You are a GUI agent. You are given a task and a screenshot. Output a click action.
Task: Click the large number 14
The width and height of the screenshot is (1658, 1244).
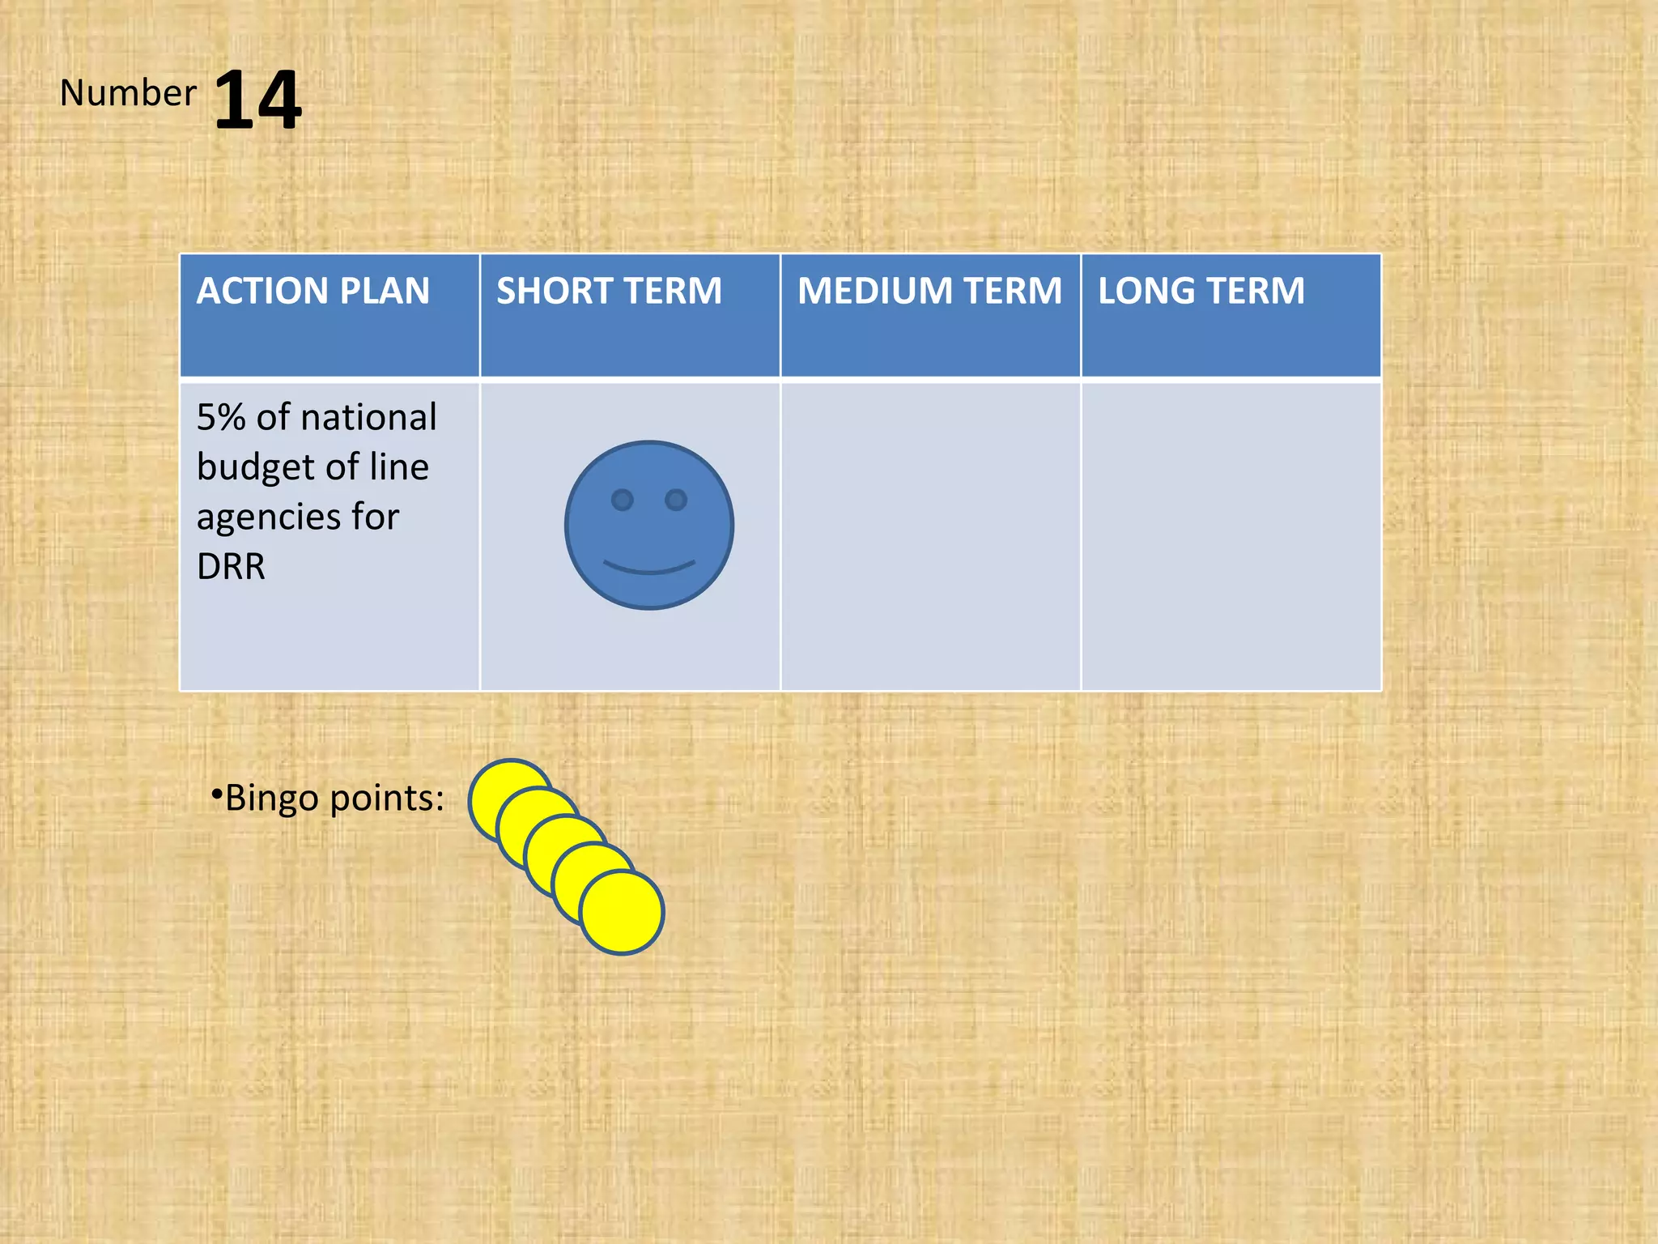[257, 100]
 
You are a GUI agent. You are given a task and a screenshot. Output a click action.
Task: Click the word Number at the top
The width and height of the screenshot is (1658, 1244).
[128, 93]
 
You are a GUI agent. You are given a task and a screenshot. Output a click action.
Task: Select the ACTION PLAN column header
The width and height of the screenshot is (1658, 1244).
[312, 291]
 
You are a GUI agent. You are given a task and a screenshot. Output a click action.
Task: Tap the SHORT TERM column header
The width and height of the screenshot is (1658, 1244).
[609, 291]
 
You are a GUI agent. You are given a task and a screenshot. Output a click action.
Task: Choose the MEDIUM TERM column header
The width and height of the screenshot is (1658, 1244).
[929, 291]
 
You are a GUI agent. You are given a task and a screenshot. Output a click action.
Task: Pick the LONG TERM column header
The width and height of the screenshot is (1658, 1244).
[1201, 291]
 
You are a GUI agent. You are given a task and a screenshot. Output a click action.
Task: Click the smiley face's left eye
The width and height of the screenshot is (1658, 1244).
[622, 500]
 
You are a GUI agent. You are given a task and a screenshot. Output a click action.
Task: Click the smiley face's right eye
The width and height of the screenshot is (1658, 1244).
[676, 500]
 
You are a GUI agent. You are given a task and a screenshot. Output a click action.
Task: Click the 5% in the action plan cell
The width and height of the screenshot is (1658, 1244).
[220, 417]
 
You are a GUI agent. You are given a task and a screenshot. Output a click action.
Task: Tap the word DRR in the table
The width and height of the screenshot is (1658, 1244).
[231, 566]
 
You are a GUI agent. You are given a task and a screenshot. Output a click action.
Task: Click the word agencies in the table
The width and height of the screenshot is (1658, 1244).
[268, 518]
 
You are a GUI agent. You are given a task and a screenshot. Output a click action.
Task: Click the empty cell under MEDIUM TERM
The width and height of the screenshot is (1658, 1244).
[930, 535]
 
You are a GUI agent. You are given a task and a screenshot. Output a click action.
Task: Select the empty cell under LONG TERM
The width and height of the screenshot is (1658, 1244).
[1231, 535]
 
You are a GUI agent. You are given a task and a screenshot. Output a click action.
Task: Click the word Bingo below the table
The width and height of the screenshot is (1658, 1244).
[271, 799]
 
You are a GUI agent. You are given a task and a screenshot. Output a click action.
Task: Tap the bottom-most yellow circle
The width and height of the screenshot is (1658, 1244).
[622, 913]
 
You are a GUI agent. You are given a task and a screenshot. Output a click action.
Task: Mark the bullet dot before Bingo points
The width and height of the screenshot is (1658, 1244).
[216, 795]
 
